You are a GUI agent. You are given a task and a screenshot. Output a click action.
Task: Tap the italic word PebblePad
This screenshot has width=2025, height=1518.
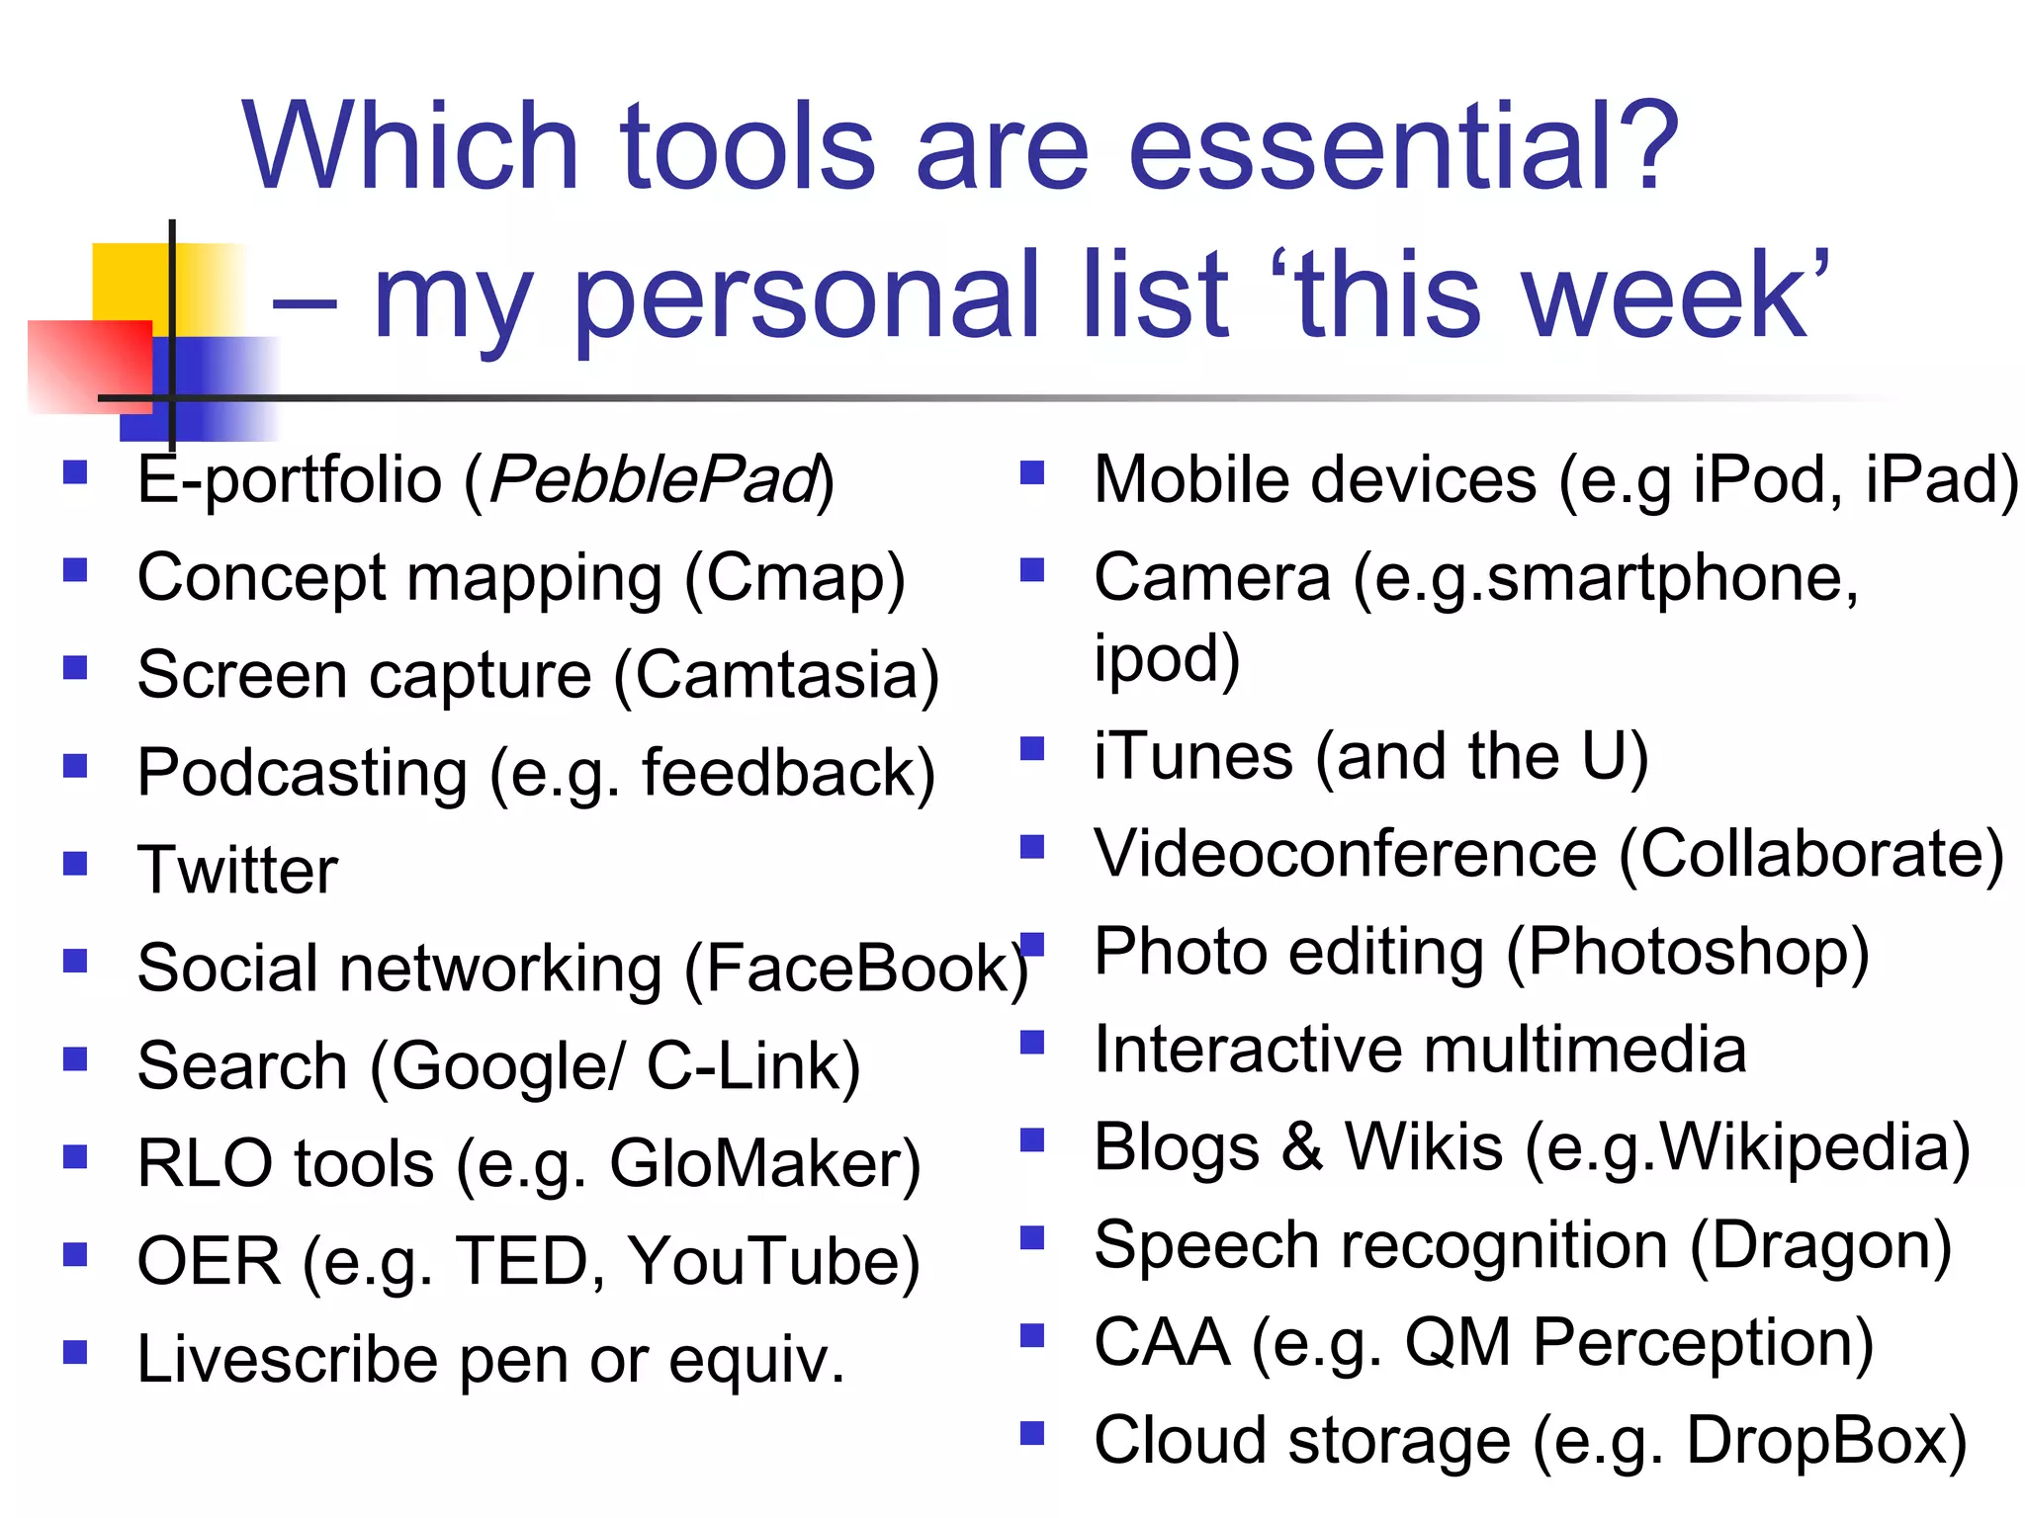(654, 481)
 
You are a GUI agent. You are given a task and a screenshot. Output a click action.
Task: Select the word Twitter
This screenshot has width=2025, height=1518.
(237, 871)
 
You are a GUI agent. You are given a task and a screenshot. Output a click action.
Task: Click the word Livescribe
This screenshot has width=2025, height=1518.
(287, 1360)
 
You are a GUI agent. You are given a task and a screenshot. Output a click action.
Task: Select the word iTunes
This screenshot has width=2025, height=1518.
(1192, 757)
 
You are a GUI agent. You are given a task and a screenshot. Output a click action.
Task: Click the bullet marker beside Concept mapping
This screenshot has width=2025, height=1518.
(75, 570)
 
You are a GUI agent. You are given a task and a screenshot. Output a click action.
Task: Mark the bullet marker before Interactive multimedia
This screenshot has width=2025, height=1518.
(1032, 1043)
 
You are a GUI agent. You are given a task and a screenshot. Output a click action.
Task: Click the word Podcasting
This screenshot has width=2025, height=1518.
(303, 774)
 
